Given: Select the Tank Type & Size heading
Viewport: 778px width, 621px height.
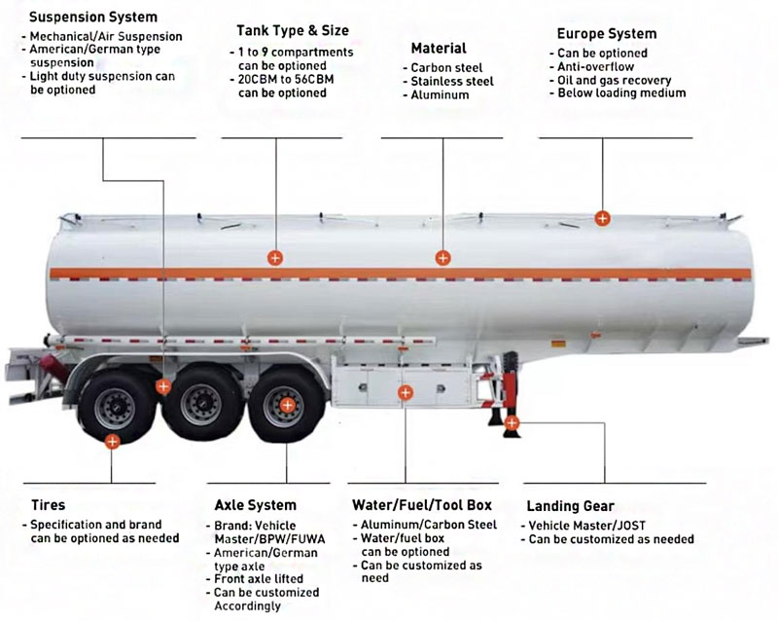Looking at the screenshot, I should (x=292, y=31).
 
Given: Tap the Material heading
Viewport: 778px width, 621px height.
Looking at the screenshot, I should (x=438, y=48).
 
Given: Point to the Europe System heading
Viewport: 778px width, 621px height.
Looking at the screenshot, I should (x=606, y=33).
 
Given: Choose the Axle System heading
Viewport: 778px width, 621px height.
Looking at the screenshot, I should (x=255, y=505).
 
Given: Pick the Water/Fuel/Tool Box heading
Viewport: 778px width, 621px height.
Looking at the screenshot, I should (x=421, y=505).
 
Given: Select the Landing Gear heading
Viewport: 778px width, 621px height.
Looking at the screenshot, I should (x=570, y=506).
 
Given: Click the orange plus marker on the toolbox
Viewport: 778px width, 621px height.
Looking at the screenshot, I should (x=406, y=392).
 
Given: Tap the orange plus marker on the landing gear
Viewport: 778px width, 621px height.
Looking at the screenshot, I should (x=512, y=422).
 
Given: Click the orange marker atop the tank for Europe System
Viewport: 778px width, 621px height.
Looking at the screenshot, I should (x=603, y=218).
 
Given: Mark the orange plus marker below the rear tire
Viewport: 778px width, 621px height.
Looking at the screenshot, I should (x=113, y=441).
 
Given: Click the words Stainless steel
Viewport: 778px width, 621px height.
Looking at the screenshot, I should (x=452, y=82).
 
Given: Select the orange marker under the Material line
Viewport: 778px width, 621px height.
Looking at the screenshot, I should (x=442, y=258).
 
